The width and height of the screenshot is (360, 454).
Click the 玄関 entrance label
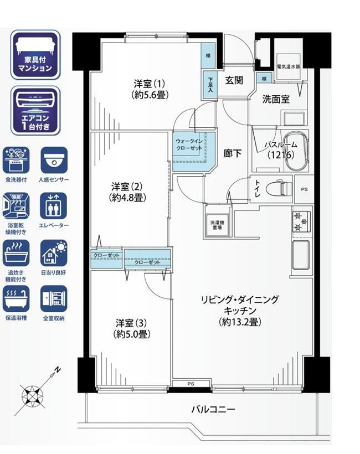click(234, 80)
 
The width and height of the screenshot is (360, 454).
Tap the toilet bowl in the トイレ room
click(279, 188)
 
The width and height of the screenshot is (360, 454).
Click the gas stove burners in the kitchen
click(301, 221)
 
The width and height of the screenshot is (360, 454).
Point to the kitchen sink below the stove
click(301, 255)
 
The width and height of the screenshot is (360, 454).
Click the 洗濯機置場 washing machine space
click(217, 225)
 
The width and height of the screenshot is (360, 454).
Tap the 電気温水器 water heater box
click(288, 66)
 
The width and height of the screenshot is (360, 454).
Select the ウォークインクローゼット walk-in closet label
click(189, 145)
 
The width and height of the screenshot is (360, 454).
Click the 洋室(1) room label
click(150, 89)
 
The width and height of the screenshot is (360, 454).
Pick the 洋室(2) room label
click(127, 192)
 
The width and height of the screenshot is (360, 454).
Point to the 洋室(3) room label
click(132, 328)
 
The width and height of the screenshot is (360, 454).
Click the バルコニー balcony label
click(213, 409)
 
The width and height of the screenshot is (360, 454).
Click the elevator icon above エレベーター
click(54, 206)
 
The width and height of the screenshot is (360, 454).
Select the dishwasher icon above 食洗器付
click(16, 160)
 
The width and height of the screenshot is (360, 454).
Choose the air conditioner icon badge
click(35, 111)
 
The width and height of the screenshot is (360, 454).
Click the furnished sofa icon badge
click(35, 54)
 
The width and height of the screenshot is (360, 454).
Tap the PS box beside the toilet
click(304, 189)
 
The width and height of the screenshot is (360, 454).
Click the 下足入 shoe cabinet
click(210, 85)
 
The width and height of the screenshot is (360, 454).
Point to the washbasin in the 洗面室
click(294, 118)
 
